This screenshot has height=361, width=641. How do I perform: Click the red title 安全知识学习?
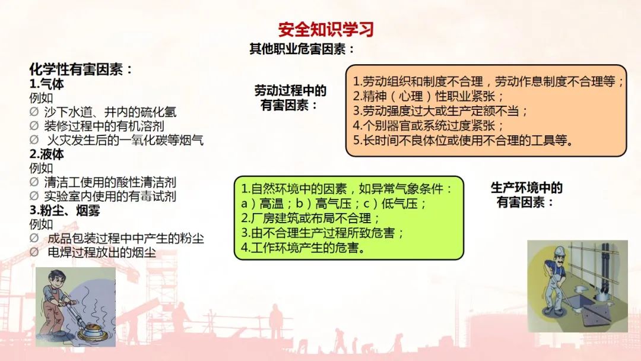coord(326,30)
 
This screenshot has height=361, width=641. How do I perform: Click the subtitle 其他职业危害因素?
coord(302,49)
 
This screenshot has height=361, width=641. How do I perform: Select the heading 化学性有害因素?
coord(81,69)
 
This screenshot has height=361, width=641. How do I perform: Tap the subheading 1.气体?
coord(47,84)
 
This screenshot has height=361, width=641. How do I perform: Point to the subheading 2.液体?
coord(47,154)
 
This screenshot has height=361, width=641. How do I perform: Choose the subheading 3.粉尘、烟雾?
coord(65,211)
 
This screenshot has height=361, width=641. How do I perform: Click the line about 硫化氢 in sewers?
coord(103,112)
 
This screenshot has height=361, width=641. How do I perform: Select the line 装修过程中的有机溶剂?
coord(97,126)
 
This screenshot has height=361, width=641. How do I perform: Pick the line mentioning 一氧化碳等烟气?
coord(116,140)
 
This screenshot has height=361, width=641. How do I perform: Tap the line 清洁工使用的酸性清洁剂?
coord(103,182)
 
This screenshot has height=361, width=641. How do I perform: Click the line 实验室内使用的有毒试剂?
coord(103,197)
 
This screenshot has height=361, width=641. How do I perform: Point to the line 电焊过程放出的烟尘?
coord(93,252)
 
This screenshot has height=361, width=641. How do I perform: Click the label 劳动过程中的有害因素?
coord(290,98)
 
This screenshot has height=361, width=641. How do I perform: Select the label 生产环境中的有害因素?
coord(526,195)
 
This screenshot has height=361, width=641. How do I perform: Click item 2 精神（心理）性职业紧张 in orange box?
coord(429,96)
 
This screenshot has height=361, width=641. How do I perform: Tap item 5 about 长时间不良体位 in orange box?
coord(463,140)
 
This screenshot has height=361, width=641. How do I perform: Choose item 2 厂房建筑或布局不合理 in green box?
coord(310,218)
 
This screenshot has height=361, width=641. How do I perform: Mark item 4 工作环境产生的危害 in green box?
coord(303,248)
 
